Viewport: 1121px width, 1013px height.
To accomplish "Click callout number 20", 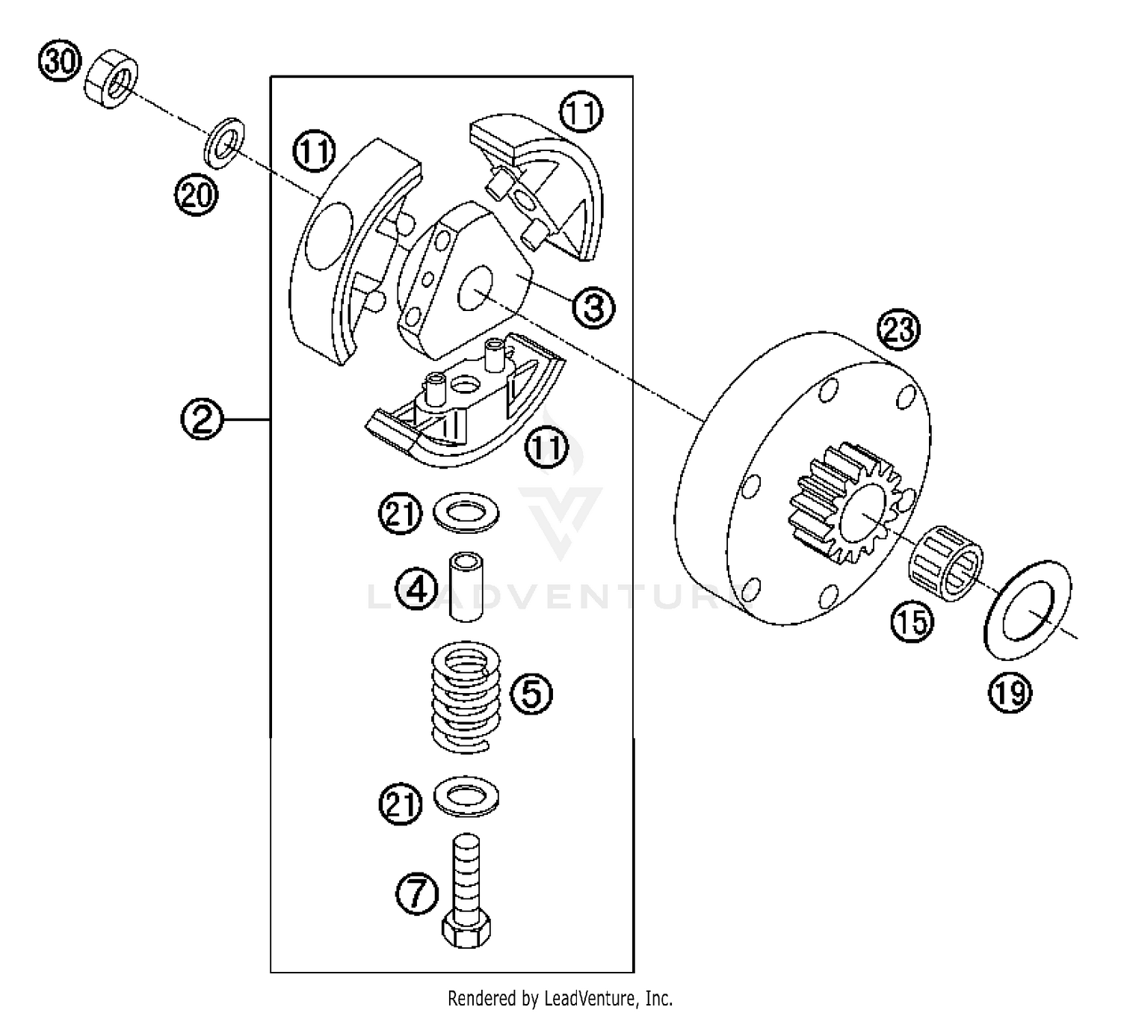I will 196,197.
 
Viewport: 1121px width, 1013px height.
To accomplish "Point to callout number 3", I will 593,307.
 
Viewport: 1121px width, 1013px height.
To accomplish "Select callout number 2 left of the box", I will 202,419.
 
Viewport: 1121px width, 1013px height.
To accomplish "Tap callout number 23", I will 898,329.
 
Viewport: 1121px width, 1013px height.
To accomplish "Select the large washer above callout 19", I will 1028,609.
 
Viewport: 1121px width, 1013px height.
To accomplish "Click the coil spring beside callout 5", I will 466,695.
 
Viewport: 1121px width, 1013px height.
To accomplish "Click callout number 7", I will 416,893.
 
